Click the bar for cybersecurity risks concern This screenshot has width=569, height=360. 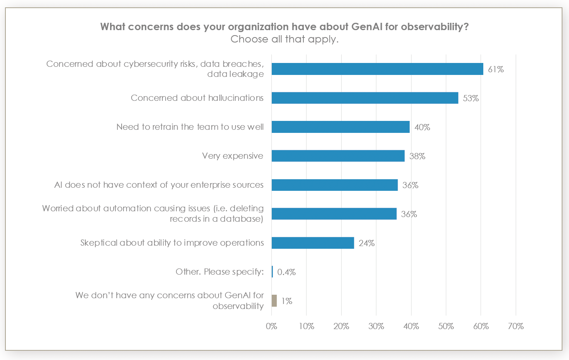coord(377,69)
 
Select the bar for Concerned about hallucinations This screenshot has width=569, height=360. coord(365,98)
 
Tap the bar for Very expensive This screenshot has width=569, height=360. coord(338,156)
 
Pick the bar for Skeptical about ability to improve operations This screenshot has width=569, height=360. coord(313,243)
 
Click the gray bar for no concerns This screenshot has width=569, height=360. coord(274,301)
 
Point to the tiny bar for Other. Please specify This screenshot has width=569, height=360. coord(272,272)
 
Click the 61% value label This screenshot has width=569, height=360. coord(496,70)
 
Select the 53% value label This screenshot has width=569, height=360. coord(471,98)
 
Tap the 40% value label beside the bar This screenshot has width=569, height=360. coord(422,127)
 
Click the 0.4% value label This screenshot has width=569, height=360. coord(286,272)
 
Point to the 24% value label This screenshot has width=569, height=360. coord(366,243)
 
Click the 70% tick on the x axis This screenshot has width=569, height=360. coord(515,326)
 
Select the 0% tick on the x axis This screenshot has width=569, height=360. coord(271,326)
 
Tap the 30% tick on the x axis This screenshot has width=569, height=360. coord(376,326)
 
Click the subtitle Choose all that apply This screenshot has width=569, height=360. coord(284,39)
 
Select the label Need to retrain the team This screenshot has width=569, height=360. coord(190,127)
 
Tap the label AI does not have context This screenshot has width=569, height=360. coord(159,185)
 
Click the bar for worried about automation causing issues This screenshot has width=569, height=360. coord(334,214)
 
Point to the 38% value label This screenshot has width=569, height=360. coord(417,156)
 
